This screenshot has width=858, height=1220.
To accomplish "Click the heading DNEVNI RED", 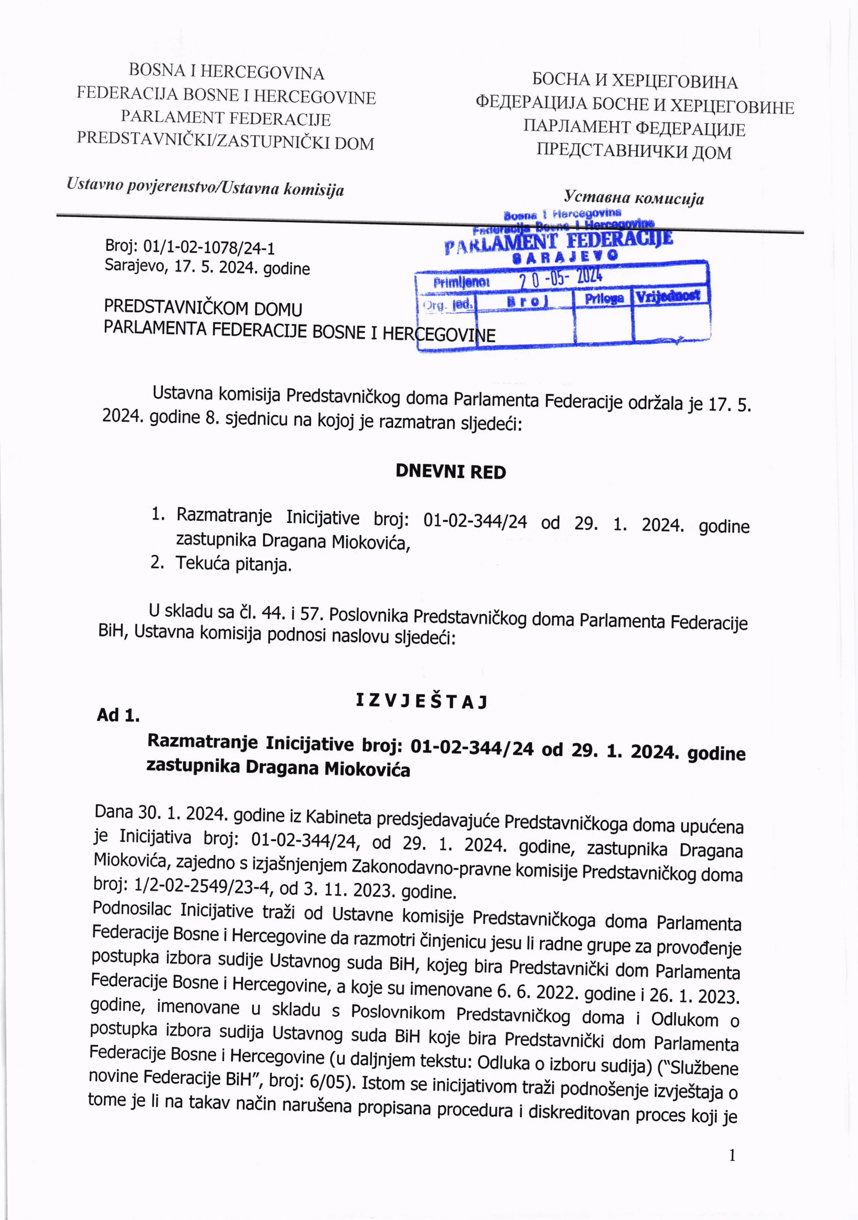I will [450, 472].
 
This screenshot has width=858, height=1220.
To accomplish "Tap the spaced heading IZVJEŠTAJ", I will [421, 702].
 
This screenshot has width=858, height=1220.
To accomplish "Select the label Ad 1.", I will [118, 715].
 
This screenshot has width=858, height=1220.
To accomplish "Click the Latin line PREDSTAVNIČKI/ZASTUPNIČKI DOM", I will [225, 141].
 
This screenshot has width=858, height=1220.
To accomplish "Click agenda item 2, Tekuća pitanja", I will [233, 564].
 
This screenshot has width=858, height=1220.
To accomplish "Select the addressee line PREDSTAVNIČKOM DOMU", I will [203, 308].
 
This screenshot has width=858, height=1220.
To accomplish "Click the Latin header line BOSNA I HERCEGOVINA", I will [227, 72].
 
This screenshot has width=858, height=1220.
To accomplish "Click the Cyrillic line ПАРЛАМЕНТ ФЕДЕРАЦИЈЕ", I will [634, 128].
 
